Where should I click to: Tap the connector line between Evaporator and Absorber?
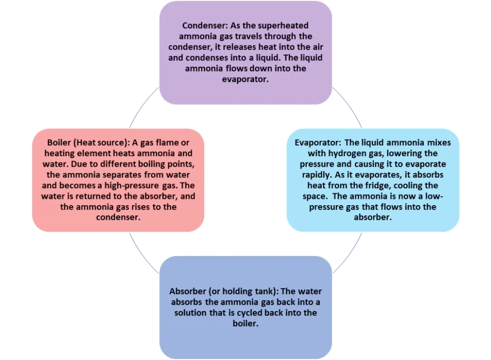348,253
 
